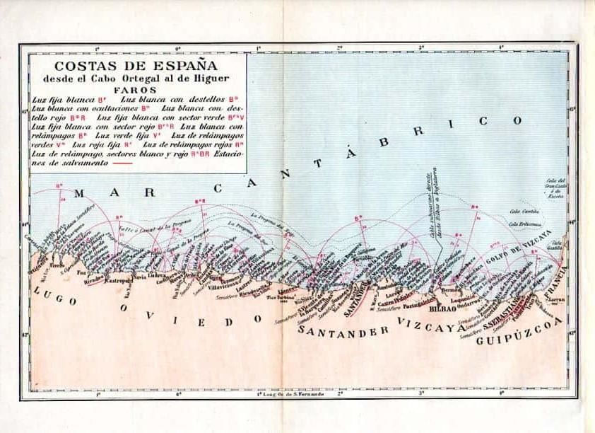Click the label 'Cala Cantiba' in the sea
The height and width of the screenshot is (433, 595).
point(524,211)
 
